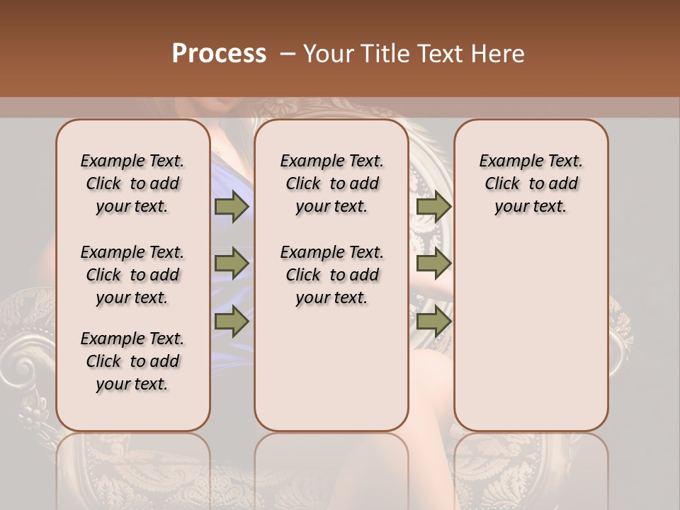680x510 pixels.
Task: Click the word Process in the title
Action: (219, 54)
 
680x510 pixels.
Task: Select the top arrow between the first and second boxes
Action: (232, 206)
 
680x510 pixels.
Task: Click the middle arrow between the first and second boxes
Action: (232, 263)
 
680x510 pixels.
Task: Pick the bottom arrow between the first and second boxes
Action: (232, 321)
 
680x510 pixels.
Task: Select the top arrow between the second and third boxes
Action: (433, 206)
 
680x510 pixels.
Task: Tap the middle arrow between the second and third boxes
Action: (433, 263)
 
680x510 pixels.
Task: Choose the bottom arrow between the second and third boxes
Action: (433, 321)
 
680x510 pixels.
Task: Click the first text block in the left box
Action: (132, 183)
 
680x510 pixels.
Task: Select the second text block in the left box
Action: (132, 275)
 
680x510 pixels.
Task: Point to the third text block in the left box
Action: (132, 361)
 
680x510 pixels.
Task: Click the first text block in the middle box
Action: (331, 183)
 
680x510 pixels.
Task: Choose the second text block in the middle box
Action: (331, 275)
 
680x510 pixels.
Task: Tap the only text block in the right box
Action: (531, 183)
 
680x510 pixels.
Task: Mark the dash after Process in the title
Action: (288, 54)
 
